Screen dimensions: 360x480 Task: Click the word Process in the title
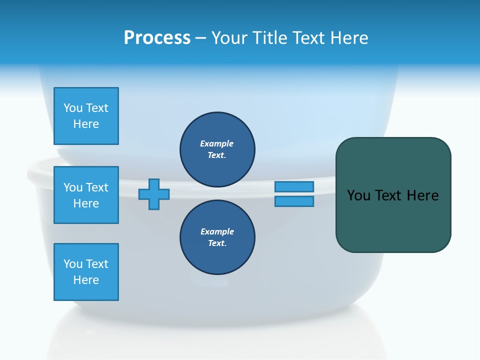tap(157, 37)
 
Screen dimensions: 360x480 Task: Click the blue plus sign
tap(154, 194)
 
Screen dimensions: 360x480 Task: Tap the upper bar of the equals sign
tap(294, 186)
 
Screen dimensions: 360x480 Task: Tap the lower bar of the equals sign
tap(294, 201)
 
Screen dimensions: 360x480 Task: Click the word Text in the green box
tap(387, 195)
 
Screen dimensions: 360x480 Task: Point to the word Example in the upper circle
tap(217, 143)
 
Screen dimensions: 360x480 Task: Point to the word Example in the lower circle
tap(217, 231)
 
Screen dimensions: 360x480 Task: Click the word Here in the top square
tap(86, 124)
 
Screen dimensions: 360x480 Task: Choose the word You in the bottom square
tap(73, 263)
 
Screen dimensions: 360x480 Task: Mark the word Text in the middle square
tap(96, 187)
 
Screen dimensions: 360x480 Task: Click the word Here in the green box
tap(423, 195)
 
